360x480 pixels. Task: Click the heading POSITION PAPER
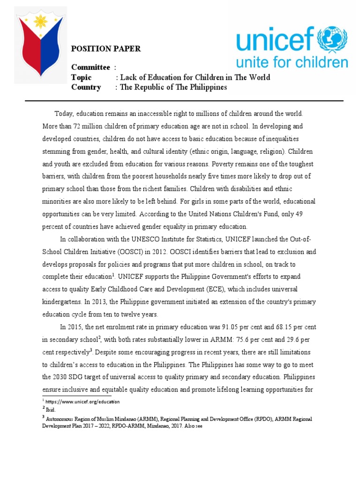[105, 49]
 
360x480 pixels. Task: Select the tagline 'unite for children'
[292, 63]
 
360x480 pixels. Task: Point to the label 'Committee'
[90, 67]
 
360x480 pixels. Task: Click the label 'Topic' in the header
[81, 77]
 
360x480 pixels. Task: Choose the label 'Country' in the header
[86, 87]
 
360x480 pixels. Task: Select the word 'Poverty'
[225, 164]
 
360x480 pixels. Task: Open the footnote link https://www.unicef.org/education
[82, 402]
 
